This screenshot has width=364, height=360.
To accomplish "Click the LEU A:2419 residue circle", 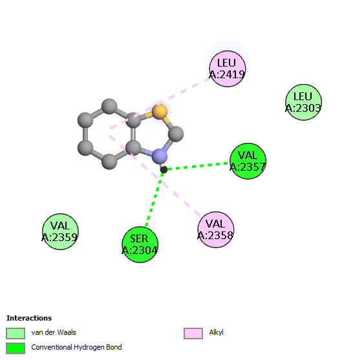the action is [x=228, y=69].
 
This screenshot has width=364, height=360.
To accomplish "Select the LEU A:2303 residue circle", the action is [x=303, y=102].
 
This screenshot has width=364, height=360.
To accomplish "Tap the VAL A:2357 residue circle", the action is [x=248, y=161].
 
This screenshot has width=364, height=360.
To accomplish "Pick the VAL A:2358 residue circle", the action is [x=216, y=229].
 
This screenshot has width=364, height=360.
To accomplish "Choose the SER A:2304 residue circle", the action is [x=140, y=244].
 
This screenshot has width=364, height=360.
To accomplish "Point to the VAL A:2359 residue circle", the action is [x=60, y=231].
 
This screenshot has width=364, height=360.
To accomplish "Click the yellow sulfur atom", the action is [x=160, y=112].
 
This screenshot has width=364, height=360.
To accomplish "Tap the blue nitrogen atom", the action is [x=160, y=156].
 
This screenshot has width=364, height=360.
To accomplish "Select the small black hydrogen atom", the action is [x=164, y=170].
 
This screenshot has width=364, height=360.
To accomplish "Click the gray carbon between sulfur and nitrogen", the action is [x=176, y=134].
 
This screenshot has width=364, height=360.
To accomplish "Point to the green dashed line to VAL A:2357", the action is [x=197, y=166].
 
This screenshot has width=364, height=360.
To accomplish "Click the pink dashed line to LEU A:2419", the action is [x=160, y=103].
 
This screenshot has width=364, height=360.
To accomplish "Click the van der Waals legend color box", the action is [x=16, y=334].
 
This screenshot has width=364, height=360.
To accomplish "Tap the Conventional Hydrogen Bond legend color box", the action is [x=16, y=348].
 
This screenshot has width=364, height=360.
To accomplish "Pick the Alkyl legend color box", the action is [x=193, y=334].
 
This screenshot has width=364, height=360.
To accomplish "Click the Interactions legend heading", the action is [x=29, y=318].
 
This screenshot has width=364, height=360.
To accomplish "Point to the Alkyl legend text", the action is [x=216, y=333].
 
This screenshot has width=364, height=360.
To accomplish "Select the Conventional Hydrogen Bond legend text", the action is [x=76, y=347].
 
